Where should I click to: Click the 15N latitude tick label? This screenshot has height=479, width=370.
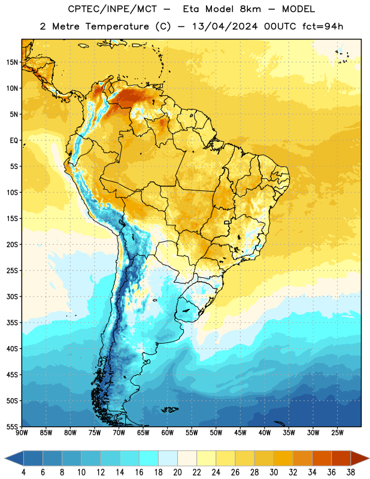click(x=12, y=62)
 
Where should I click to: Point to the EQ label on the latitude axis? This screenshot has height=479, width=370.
click(x=14, y=141)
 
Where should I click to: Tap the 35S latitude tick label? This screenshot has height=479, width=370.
click(x=12, y=323)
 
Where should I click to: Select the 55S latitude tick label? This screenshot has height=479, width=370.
click(x=12, y=426)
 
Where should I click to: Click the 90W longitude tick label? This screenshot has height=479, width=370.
click(x=22, y=433)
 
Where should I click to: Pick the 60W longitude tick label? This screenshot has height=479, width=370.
click(x=168, y=433)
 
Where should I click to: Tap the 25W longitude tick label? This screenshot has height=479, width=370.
click(x=337, y=433)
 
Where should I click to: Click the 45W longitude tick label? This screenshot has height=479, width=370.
click(x=240, y=433)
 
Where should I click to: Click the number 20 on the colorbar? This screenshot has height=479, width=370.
click(x=177, y=472)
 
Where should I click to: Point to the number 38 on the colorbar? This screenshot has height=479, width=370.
click(x=350, y=472)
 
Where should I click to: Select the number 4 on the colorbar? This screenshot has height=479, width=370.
click(x=23, y=472)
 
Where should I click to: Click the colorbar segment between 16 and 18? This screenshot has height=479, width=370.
click(x=149, y=458)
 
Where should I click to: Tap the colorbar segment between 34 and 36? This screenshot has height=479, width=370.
click(x=322, y=458)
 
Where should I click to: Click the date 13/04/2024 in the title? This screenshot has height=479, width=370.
click(x=225, y=26)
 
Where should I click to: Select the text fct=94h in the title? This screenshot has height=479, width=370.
click(x=323, y=26)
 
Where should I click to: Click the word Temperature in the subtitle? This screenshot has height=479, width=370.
click(x=117, y=26)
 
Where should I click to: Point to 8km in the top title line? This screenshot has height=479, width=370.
click(x=250, y=9)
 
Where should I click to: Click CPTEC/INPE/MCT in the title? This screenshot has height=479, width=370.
click(x=112, y=9)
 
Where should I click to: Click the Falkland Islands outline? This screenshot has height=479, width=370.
click(x=170, y=410)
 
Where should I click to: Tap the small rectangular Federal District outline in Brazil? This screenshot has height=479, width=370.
click(x=227, y=222)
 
